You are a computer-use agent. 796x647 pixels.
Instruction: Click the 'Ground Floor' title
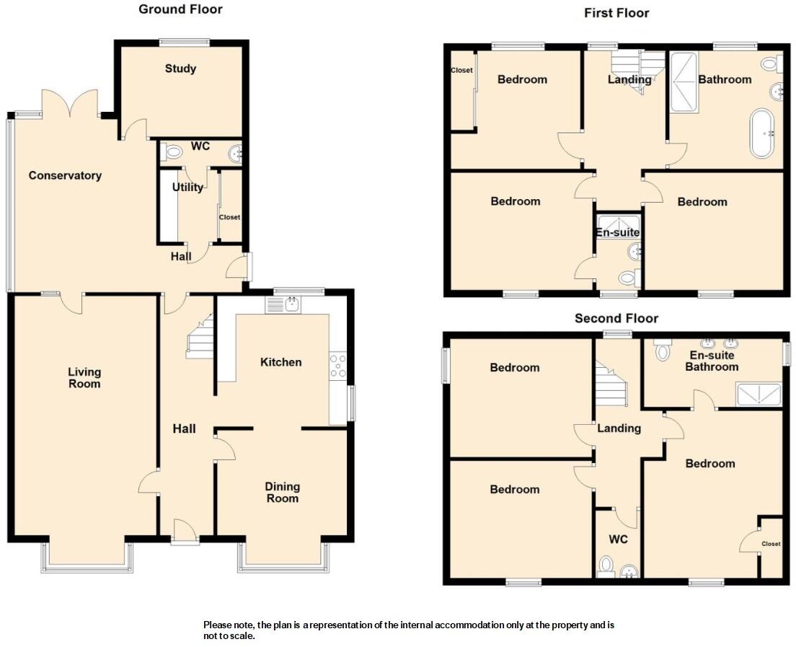(180, 9)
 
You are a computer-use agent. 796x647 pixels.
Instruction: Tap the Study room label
(180, 69)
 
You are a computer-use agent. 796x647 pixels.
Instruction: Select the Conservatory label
(65, 175)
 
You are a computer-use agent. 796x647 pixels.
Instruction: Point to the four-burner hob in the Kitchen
(337, 366)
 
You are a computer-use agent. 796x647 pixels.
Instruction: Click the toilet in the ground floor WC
(171, 152)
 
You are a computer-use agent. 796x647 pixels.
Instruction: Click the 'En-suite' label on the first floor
(617, 232)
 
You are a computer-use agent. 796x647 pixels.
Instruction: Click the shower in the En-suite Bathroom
(757, 394)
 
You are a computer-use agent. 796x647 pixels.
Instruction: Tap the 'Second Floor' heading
(616, 318)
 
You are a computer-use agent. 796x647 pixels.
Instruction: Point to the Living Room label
(84, 378)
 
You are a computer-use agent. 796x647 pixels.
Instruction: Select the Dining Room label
(282, 493)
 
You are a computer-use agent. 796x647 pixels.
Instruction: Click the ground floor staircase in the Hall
(200, 338)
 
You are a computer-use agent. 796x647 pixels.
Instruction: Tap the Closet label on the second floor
(771, 544)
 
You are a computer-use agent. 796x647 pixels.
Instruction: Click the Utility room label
(187, 188)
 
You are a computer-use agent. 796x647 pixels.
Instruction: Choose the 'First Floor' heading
(616, 13)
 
